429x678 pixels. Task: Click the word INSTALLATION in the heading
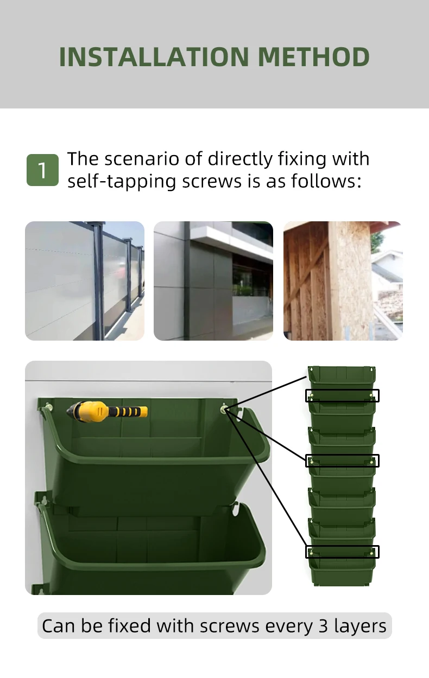click(154, 57)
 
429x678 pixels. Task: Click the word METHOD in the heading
click(313, 57)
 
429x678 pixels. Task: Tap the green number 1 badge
click(42, 170)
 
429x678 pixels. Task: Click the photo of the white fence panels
click(85, 281)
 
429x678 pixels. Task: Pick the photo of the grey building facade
click(213, 281)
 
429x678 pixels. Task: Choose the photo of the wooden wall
click(343, 281)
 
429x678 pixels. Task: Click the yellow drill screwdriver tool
click(107, 412)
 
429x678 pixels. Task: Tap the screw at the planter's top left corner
click(48, 406)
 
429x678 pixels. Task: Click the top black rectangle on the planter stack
click(342, 395)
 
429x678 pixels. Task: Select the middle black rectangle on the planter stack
click(342, 460)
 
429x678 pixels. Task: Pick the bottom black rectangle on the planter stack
click(342, 552)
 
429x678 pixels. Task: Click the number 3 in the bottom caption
click(324, 626)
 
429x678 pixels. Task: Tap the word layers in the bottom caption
click(360, 626)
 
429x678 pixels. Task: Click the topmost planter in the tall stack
click(342, 377)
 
